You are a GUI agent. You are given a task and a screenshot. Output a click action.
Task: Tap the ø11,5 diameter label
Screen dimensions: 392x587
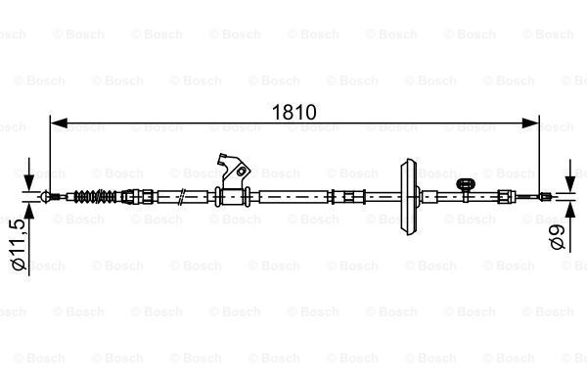(17, 249)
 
